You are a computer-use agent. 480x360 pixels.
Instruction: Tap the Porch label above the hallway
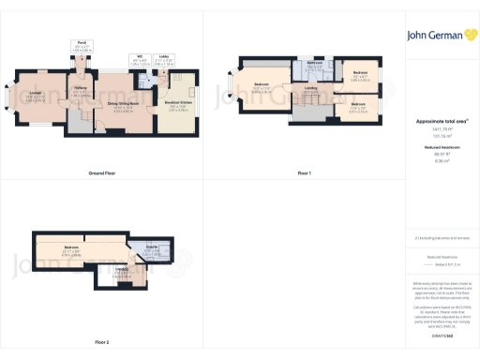(82, 42)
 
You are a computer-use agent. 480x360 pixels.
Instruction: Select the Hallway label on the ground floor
(81, 90)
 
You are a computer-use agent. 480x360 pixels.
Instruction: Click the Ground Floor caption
(101, 173)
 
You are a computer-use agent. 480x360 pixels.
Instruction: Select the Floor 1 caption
(304, 173)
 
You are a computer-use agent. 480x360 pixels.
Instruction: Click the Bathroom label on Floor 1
(314, 63)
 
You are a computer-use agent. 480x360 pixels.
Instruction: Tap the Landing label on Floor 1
(309, 89)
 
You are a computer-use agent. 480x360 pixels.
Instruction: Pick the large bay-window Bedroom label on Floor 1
(262, 87)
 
